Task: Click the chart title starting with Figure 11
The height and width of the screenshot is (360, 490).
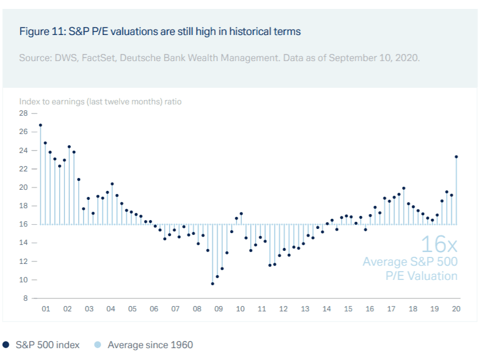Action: (160, 31)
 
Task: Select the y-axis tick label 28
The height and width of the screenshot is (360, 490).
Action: (24, 113)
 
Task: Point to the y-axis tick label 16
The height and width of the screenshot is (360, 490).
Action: (24, 224)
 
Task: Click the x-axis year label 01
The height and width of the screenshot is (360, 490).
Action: (45, 309)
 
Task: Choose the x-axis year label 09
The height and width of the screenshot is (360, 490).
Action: (218, 309)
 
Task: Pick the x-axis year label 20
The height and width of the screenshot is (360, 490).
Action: (456, 309)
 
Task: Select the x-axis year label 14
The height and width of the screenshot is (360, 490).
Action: (326, 309)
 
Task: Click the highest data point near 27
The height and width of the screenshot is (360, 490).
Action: (40, 125)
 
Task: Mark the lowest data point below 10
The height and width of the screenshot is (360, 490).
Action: (212, 283)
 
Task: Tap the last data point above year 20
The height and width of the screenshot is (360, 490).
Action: (456, 157)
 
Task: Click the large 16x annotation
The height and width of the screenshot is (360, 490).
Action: (438, 244)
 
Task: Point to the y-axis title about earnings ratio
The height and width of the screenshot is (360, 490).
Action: (100, 101)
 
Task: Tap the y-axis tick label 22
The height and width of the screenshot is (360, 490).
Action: (24, 168)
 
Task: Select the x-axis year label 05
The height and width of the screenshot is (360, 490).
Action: (132, 309)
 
